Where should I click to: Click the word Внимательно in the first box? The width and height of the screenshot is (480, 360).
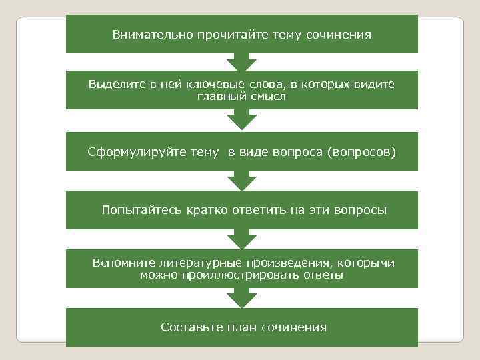pyautogui.click(x=145, y=34)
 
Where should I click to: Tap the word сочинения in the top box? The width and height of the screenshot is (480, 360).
pyautogui.click(x=342, y=34)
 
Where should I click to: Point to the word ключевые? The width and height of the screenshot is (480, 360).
pyautogui.click(x=215, y=85)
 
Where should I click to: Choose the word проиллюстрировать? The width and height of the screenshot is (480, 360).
pyautogui.click(x=227, y=275)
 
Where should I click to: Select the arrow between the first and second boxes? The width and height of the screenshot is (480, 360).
pyautogui.click(x=241, y=63)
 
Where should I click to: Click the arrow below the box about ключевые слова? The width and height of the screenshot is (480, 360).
pyautogui.click(x=241, y=121)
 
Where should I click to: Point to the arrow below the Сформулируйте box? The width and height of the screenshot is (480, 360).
pyautogui.click(x=241, y=182)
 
